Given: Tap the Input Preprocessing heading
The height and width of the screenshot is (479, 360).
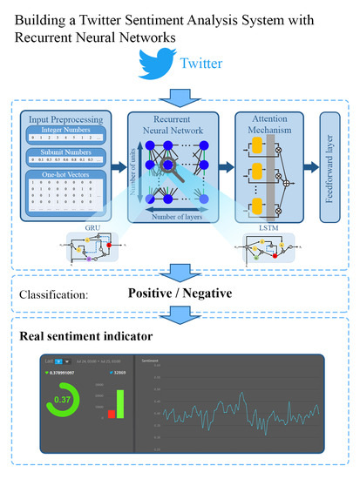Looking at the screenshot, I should click(x=58, y=118).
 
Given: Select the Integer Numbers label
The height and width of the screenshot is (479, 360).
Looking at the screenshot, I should click(x=58, y=129).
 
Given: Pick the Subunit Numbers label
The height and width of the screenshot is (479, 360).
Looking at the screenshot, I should click(x=58, y=153).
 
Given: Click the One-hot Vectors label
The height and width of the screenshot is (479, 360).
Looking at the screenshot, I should click(x=58, y=176).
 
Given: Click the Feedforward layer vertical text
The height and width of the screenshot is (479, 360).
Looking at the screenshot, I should click(x=330, y=165).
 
